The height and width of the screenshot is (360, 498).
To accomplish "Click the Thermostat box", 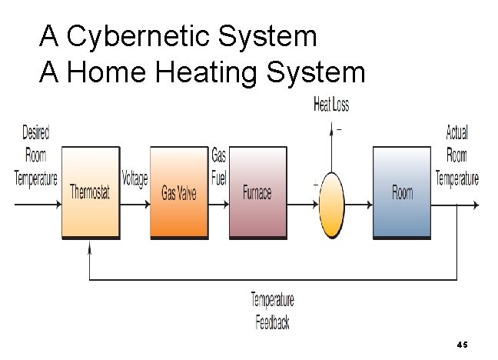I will coord(90,192).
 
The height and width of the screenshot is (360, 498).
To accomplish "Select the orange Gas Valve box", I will coord(179,192).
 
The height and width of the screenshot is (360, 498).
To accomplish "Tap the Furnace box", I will coord(257,192).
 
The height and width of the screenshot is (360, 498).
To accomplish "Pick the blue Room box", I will coord(402,192).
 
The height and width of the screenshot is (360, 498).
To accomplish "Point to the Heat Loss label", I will coord(331,105).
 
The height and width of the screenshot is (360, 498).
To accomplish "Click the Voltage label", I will coord(134,179).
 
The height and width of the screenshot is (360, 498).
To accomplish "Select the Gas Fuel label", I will coord(219,168).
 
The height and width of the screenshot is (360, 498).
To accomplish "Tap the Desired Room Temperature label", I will coord(36,155).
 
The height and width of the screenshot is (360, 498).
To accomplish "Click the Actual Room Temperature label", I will coord(457,155).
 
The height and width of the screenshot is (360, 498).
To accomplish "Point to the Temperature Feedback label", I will coord(272,311).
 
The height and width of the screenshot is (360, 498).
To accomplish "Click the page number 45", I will coord(462,343).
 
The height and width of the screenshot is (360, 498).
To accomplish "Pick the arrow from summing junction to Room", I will coord(359,205).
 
